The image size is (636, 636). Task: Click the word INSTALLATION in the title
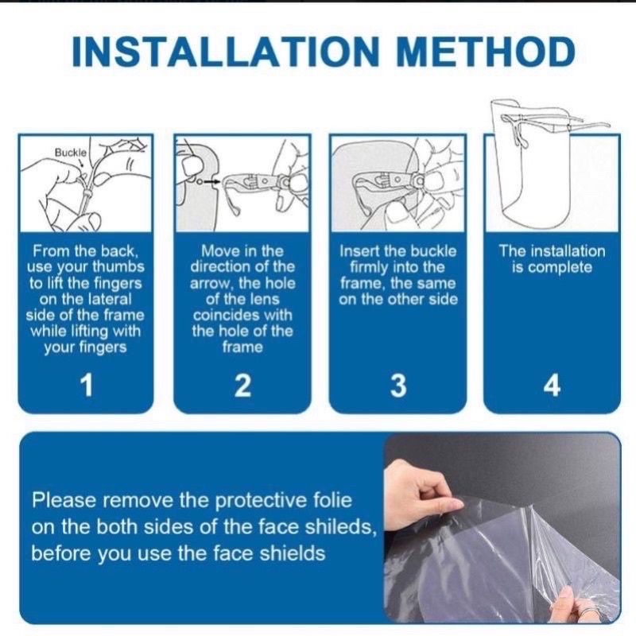tap(225, 51)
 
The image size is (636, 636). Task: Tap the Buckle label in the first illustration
tap(71, 153)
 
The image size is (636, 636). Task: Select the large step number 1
tap(87, 385)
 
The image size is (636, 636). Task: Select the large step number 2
tap(242, 385)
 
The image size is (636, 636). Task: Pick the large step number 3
tap(398, 385)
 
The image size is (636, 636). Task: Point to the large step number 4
tap(552, 385)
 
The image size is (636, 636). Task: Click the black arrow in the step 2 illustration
tap(211, 182)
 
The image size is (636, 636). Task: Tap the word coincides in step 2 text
tap(242, 315)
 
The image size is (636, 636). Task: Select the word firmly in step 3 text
tap(369, 267)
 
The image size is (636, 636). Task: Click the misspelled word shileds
tap(340, 526)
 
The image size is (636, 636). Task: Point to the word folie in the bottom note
tap(332, 500)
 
